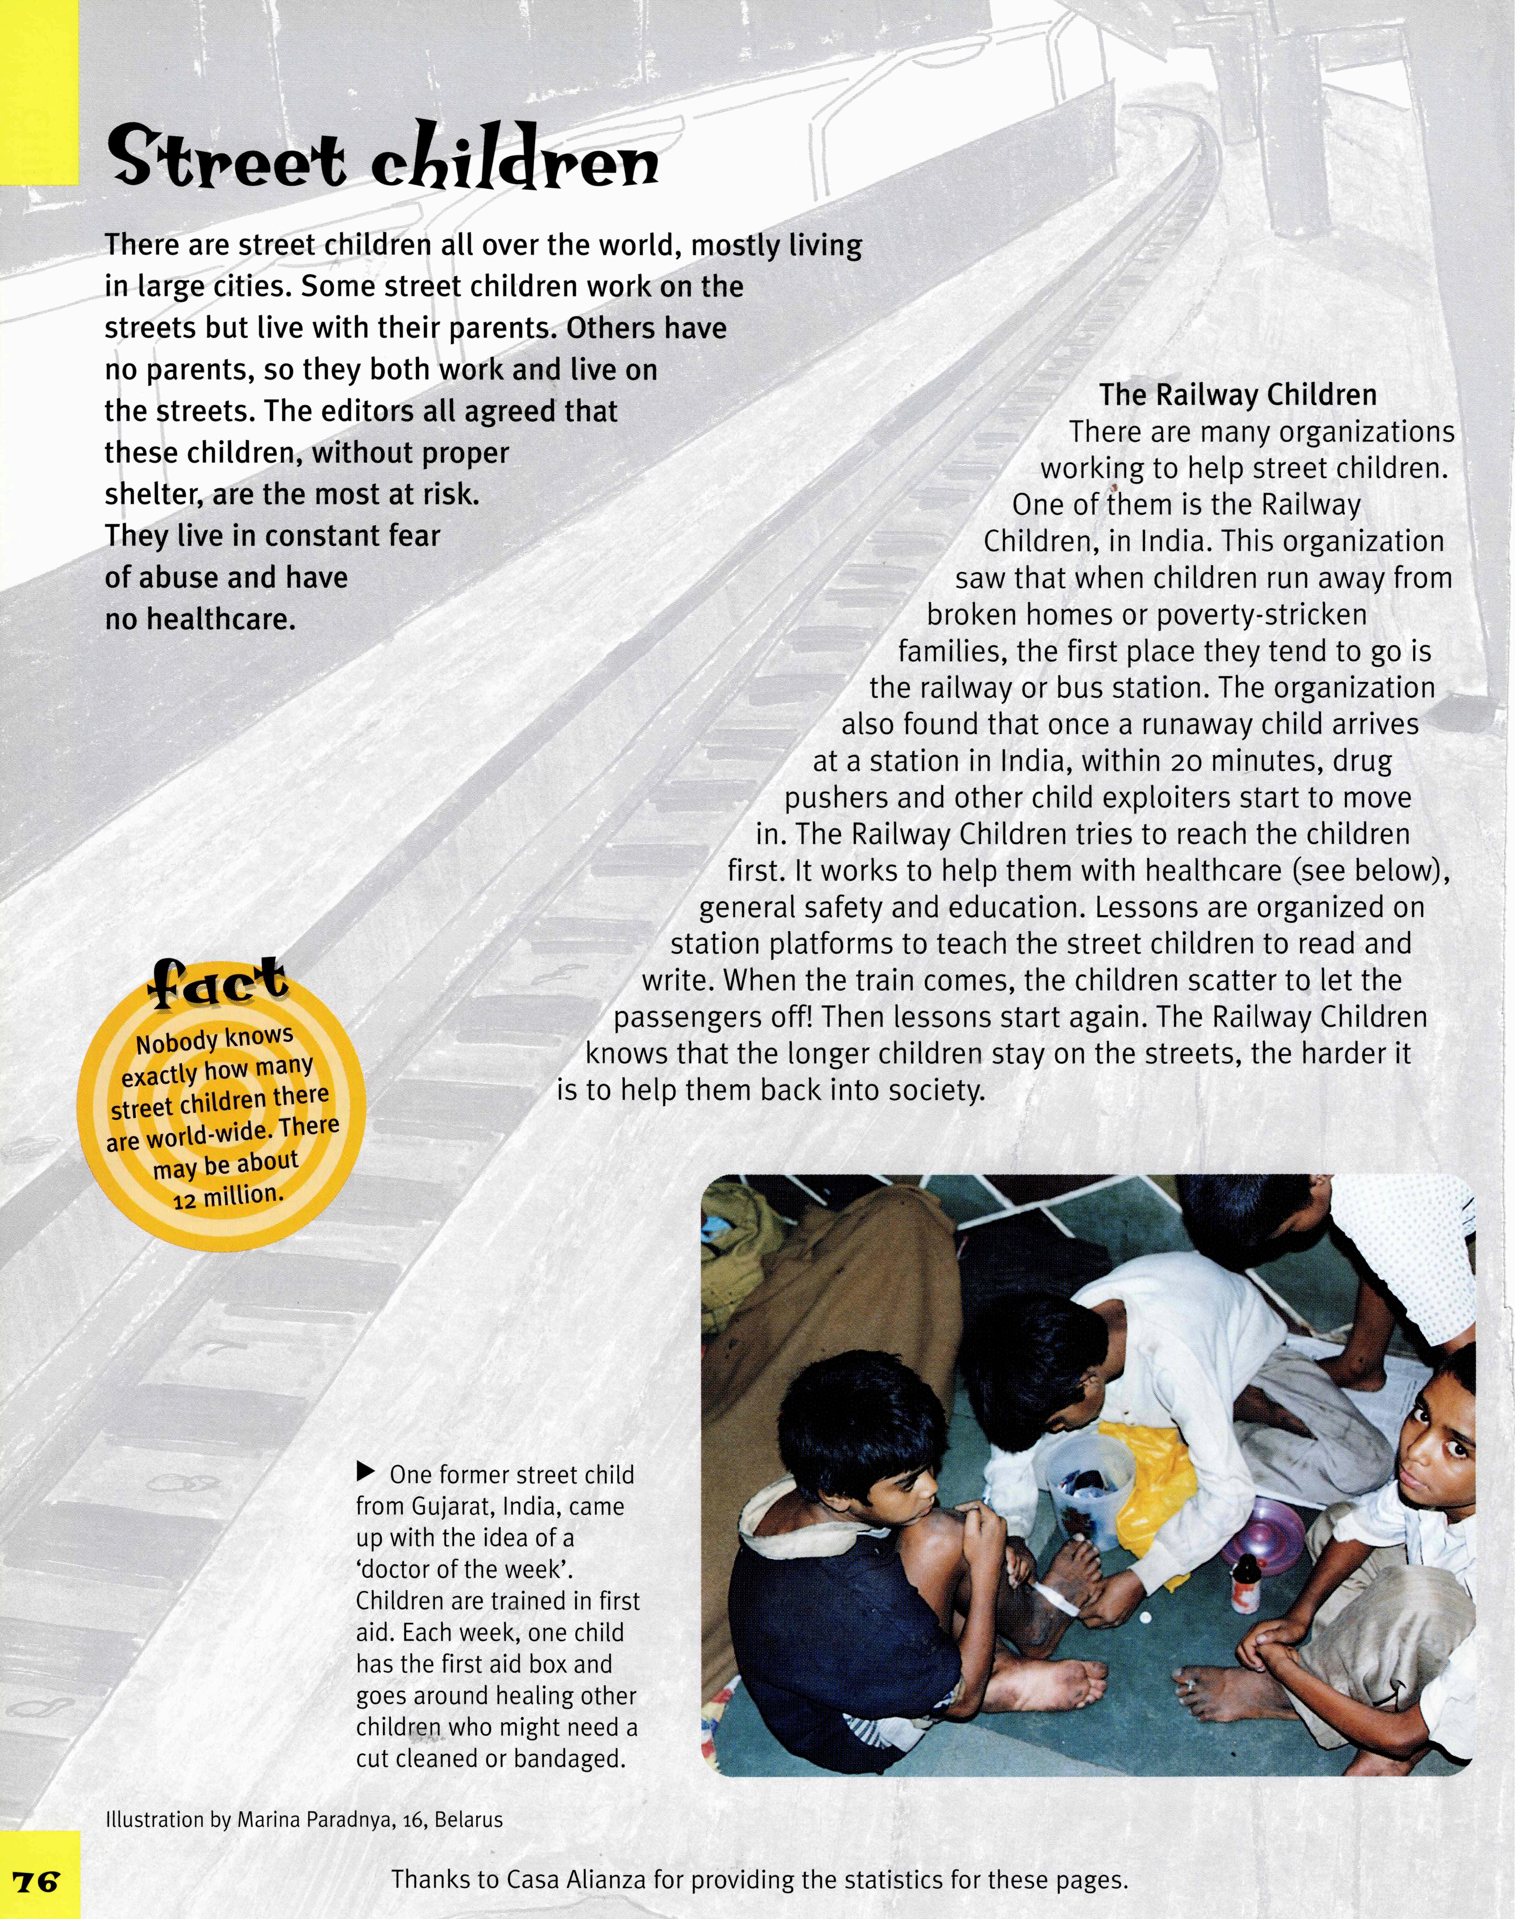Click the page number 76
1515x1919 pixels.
[35, 1880]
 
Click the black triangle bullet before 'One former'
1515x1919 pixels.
[365, 1473]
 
